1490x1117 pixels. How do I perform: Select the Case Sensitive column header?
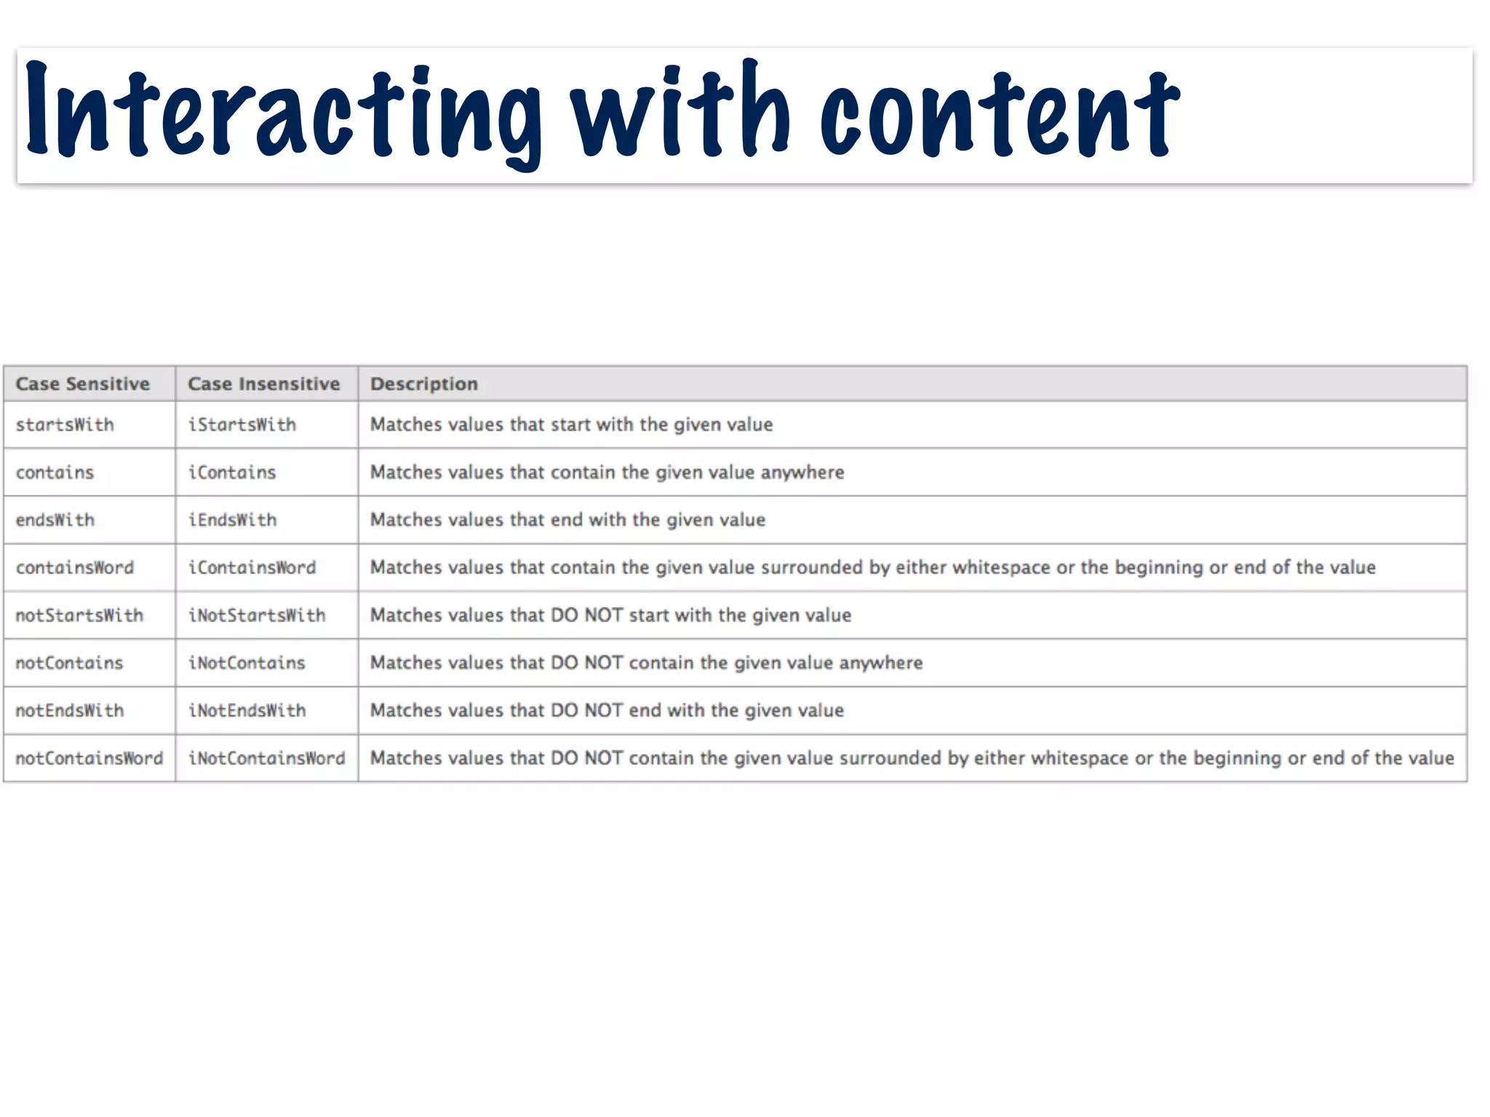coord(83,384)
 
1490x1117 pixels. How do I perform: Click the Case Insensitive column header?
coord(263,384)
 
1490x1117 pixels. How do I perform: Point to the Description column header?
coord(424,384)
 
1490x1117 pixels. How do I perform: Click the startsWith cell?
coord(65,425)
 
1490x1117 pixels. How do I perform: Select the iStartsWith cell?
coord(242,425)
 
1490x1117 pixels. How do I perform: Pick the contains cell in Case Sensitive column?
coord(55,473)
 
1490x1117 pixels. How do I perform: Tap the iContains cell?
coord(232,473)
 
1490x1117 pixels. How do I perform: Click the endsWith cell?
coord(55,520)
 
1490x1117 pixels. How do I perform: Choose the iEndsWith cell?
coord(233,520)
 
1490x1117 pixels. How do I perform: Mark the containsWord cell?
coord(75,567)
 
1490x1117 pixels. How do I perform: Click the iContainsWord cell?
coord(252,567)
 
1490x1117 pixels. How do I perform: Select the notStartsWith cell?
coord(79,615)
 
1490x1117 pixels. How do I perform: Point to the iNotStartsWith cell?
coord(257,615)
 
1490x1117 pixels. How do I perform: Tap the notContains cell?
coord(70,663)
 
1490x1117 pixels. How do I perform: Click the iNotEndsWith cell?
coord(247,710)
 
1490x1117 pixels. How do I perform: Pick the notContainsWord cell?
coord(89,758)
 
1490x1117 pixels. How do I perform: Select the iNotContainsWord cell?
coord(267,758)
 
